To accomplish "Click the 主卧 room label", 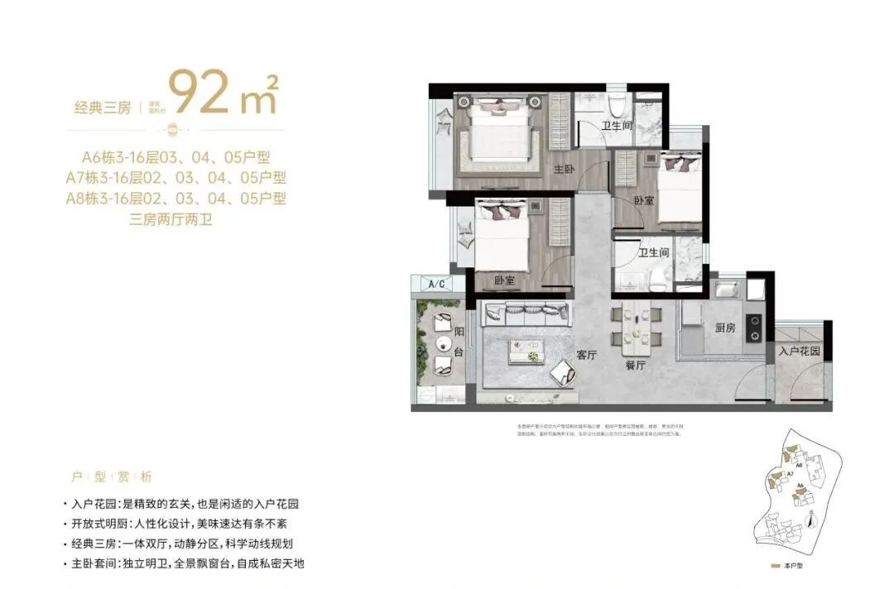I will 564,169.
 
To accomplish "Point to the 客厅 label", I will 587,354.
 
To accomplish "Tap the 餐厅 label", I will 636,364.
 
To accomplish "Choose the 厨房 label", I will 724,328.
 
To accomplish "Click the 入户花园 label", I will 799,351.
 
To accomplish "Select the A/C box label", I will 436,285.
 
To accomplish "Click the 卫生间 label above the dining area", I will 653,253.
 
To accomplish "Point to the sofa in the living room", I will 526,314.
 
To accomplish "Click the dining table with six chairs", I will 637,326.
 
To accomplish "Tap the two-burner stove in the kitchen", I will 754,328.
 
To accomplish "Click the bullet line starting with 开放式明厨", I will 177,524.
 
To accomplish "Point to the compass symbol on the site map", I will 810,522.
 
